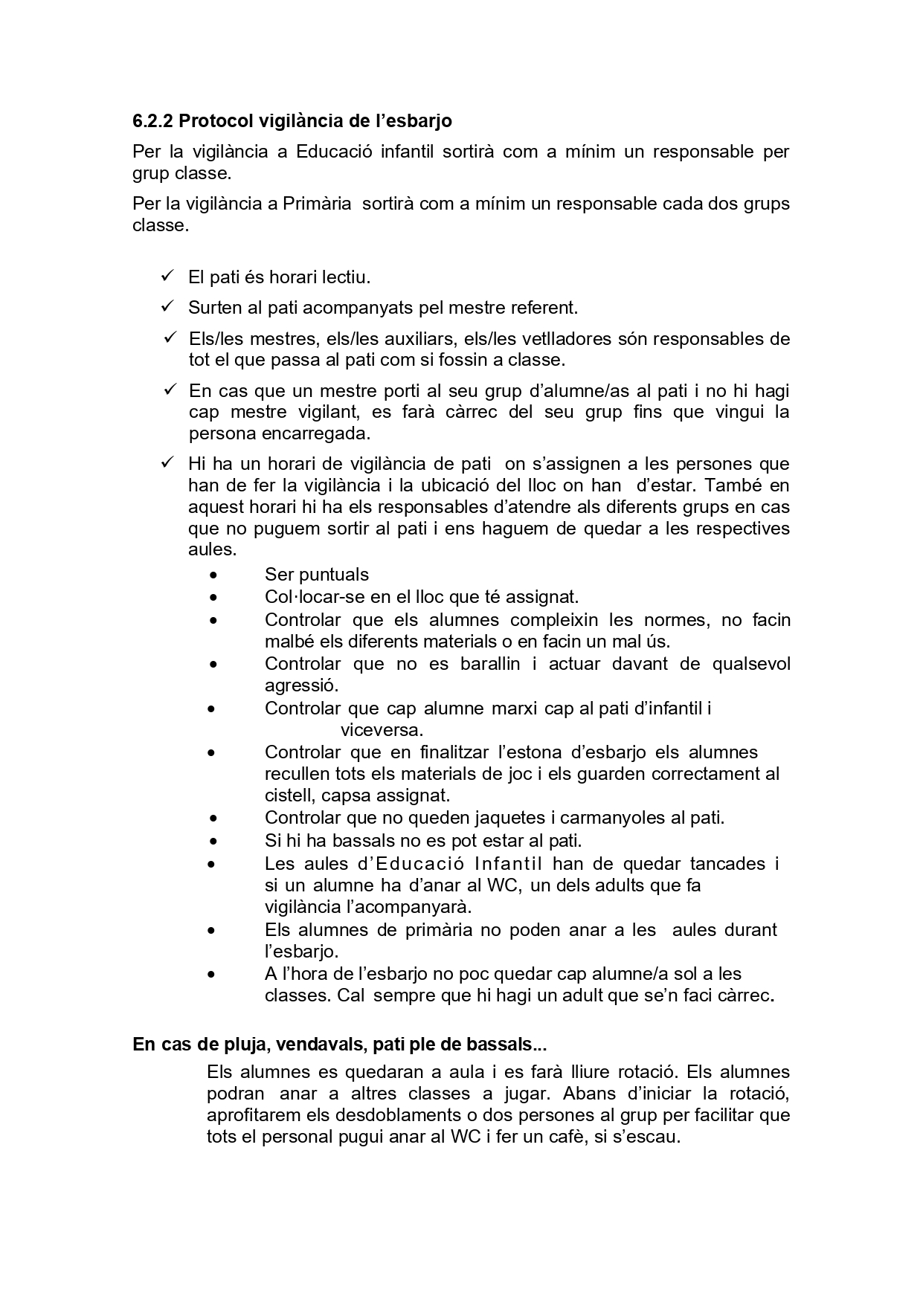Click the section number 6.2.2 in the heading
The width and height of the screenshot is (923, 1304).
coord(152,120)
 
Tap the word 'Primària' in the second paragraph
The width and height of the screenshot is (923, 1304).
coord(317,204)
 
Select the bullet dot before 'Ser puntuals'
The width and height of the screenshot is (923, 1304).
coord(214,575)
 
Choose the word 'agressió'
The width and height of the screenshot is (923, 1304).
coord(301,685)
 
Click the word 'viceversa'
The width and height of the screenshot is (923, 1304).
coord(380,729)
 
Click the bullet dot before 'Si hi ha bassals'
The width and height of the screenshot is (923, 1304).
coord(214,842)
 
